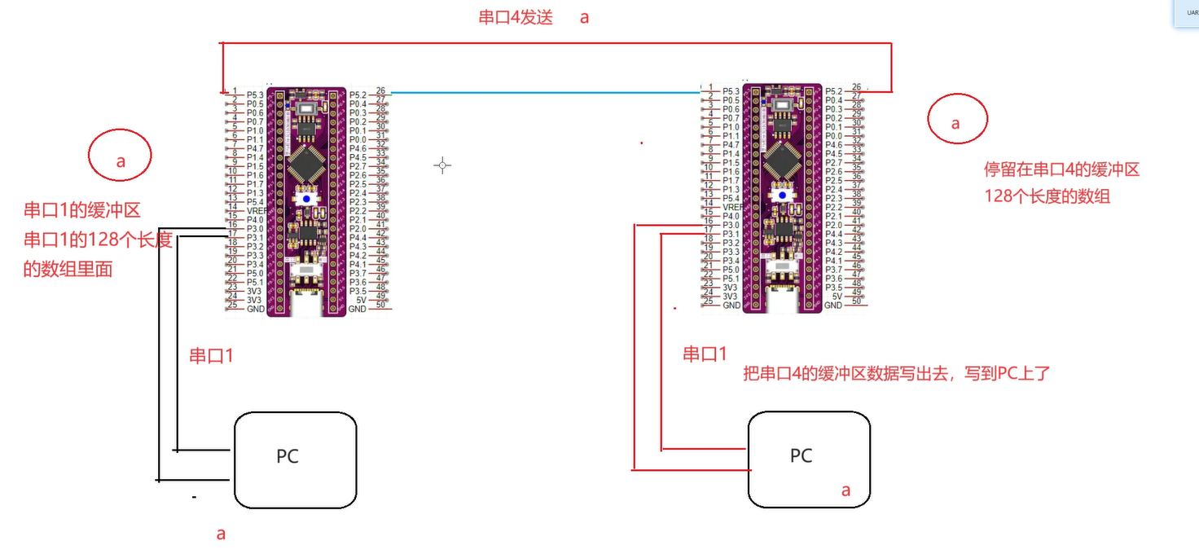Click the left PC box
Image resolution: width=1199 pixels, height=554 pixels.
point(295,460)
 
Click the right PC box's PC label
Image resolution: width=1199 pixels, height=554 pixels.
point(801,455)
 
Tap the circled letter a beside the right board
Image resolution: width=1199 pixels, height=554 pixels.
point(956,123)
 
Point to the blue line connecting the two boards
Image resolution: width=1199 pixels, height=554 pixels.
point(546,93)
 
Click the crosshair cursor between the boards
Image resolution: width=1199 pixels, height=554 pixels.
point(442,165)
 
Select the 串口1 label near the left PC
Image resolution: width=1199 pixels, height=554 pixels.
point(212,355)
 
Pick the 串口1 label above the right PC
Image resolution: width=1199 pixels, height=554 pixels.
point(705,354)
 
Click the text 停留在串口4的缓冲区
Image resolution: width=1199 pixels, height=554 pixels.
point(1061,170)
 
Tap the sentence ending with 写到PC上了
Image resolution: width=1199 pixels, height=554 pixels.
point(897,374)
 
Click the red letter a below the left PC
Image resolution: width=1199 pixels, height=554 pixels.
point(220,534)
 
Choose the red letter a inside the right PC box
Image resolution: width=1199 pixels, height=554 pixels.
point(845,490)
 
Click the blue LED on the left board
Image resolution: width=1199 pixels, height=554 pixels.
point(306,199)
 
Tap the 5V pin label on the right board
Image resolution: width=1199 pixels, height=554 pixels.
point(836,297)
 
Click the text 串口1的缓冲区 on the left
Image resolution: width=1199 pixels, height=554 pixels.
point(82,210)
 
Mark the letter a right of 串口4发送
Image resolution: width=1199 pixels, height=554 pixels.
point(584,18)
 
